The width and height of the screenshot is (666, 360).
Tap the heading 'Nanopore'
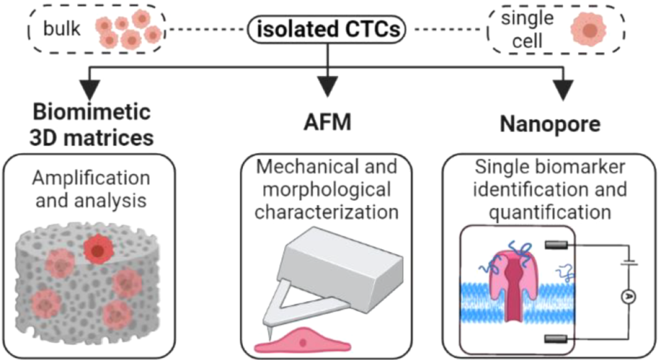point(550,124)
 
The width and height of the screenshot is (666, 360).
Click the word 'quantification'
point(551,211)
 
